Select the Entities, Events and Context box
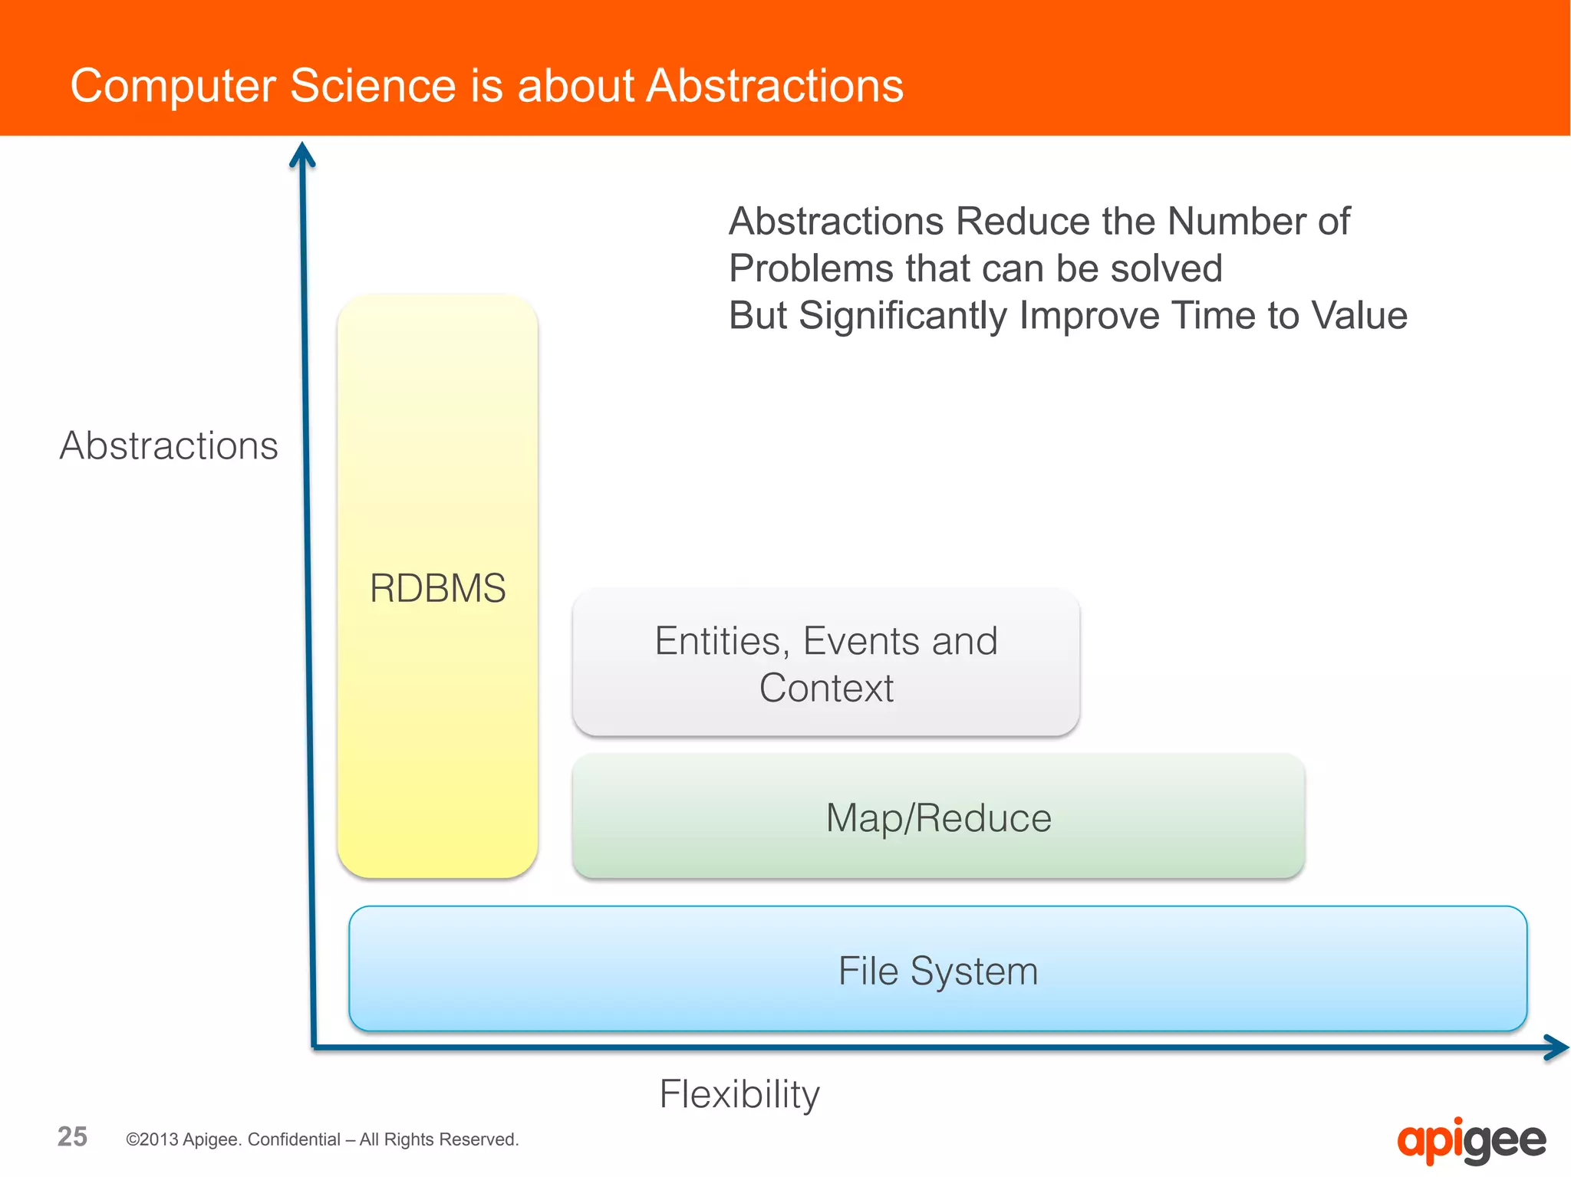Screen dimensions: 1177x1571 [825, 662]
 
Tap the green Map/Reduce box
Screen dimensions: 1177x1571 [938, 817]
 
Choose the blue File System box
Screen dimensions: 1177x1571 [937, 970]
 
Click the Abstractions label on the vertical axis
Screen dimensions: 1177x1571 [169, 445]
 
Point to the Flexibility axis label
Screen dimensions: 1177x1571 [739, 1093]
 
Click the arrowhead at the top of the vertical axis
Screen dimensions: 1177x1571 [302, 154]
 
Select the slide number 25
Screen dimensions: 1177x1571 [72, 1136]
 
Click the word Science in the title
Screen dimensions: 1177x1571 [373, 85]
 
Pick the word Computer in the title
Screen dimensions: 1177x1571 [173, 87]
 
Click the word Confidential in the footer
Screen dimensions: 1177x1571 [294, 1139]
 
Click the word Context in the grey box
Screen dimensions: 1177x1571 [826, 688]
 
